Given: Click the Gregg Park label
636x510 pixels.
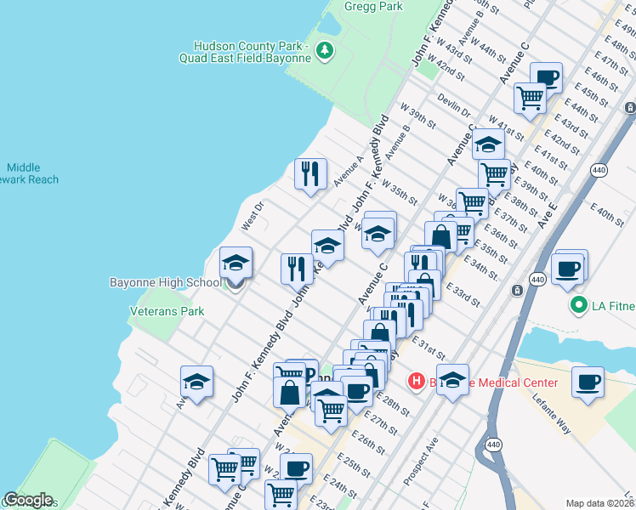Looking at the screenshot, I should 373,6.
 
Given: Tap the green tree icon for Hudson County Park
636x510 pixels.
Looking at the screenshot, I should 324,52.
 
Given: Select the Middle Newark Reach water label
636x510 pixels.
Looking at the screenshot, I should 30,173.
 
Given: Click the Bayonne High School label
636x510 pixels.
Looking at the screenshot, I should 165,282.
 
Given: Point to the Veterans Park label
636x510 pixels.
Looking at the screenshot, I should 167,311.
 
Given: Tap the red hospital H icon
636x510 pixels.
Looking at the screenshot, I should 416,381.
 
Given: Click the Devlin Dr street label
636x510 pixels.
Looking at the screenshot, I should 454,107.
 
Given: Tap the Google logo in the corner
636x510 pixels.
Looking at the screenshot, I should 29,500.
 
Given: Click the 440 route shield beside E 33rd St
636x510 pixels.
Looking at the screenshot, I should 537,279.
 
